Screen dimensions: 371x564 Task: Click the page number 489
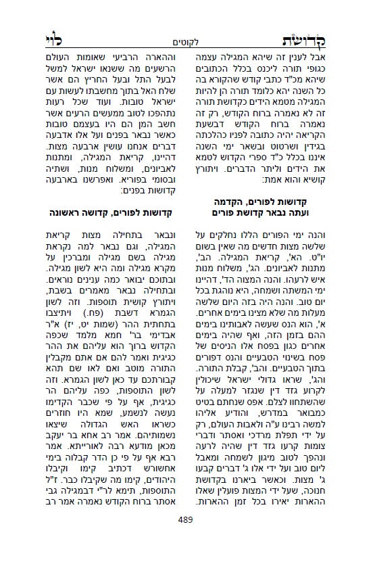pyautogui.click(x=186, y=538)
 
